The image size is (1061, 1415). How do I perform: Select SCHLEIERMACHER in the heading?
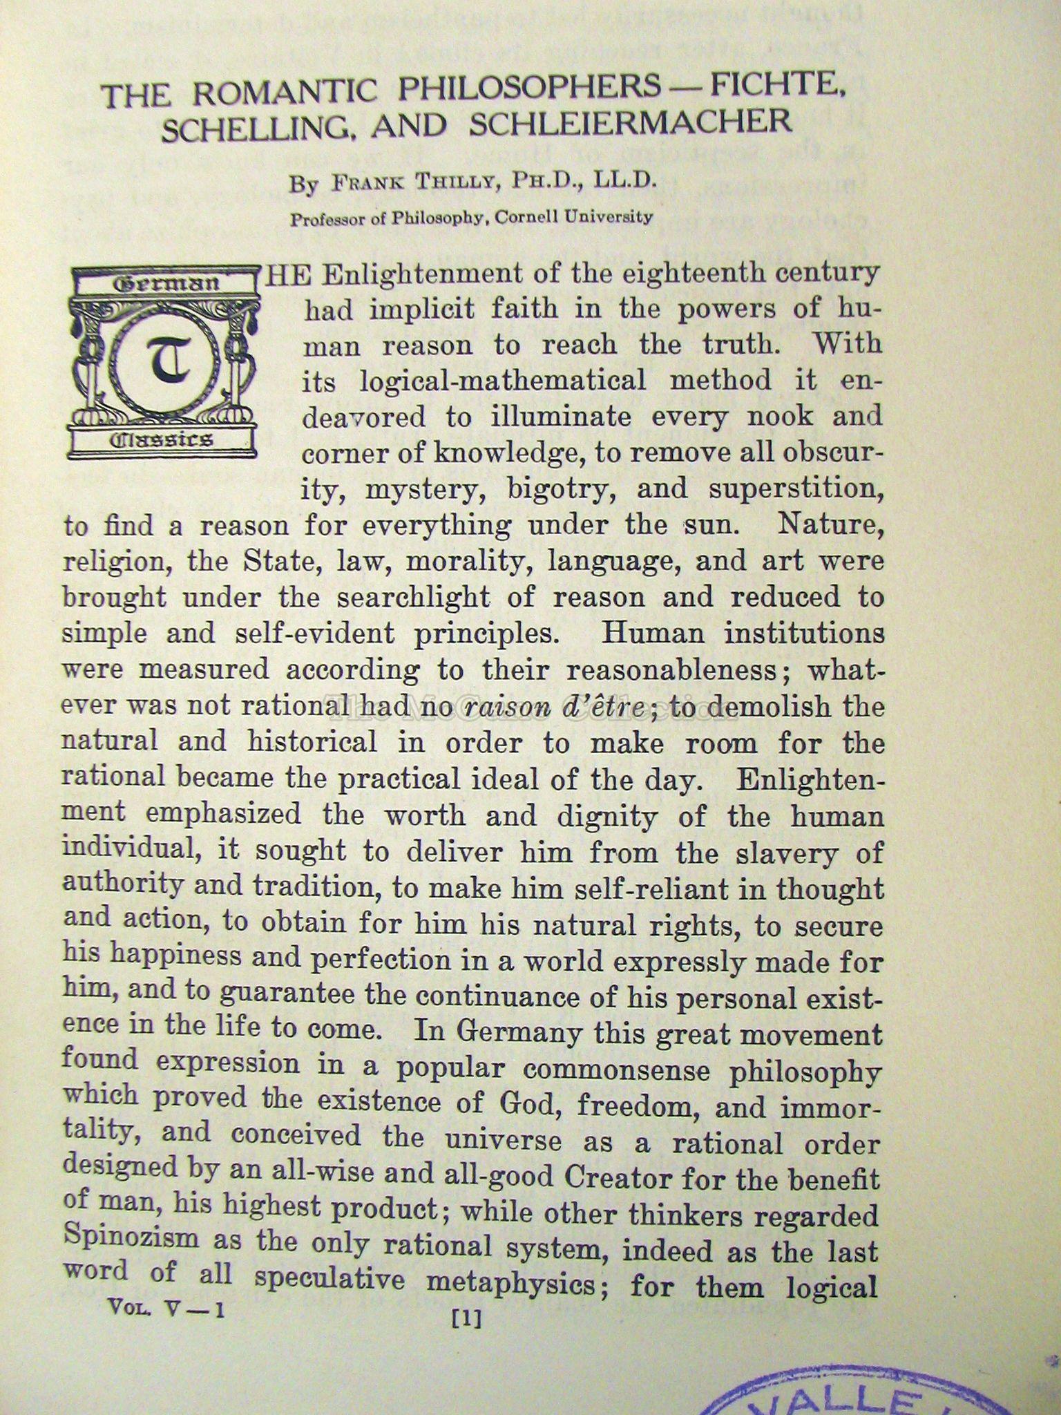tap(630, 123)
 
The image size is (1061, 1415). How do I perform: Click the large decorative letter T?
tap(164, 359)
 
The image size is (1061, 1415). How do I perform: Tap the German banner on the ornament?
tap(164, 283)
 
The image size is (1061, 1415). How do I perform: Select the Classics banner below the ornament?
tap(163, 439)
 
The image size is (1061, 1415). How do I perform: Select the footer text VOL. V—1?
tap(165, 1308)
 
